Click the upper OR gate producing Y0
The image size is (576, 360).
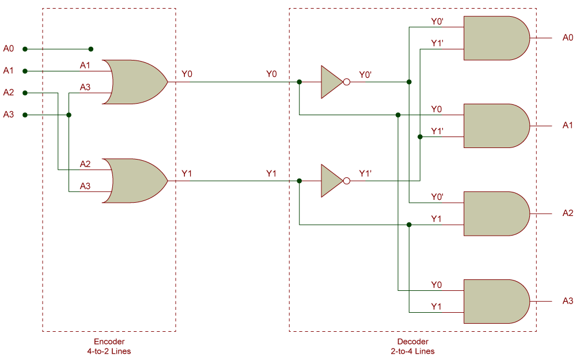point(136,82)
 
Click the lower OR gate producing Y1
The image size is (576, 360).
point(136,181)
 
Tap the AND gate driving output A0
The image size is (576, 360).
point(495,38)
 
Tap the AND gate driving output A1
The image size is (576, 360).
point(495,126)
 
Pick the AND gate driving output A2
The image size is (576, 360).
point(495,214)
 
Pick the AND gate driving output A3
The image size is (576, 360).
point(495,301)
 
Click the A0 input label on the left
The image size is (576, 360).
point(9,48)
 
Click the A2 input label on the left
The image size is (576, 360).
point(9,92)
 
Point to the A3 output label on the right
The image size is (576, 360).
point(567,301)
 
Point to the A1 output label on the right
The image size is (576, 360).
point(567,125)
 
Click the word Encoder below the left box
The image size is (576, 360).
point(109,342)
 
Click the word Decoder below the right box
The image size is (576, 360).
point(412,342)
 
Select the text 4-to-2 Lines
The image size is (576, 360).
point(109,351)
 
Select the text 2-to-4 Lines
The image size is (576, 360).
point(412,351)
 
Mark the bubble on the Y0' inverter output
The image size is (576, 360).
point(346,82)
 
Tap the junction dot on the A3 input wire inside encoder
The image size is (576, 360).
point(69,115)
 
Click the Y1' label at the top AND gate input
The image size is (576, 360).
point(437,43)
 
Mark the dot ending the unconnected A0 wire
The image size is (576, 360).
point(90,49)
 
